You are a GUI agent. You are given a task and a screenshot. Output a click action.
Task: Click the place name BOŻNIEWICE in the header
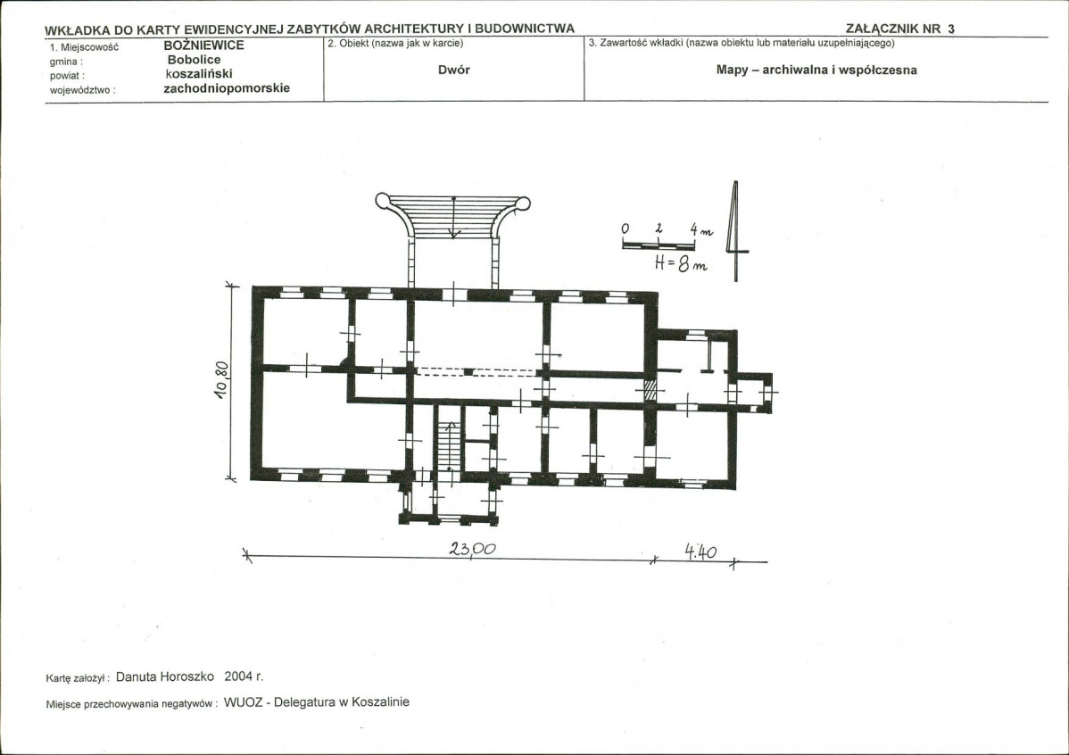coord(203,46)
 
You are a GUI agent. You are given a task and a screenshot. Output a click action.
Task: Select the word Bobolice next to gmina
coord(195,60)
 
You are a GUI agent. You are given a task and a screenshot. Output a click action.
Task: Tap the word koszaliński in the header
coord(199,74)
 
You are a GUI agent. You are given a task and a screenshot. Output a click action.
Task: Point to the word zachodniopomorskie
coord(227,88)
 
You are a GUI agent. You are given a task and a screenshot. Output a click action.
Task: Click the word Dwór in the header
coord(454,70)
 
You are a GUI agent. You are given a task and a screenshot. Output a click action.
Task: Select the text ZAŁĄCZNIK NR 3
coord(900,29)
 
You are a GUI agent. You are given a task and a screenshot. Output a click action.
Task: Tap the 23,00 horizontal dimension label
coord(472,548)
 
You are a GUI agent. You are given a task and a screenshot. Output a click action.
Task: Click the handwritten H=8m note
coord(681,262)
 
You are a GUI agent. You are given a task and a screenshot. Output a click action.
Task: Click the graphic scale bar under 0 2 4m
coord(658,245)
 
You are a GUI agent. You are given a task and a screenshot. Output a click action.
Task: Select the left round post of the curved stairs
coord(383,201)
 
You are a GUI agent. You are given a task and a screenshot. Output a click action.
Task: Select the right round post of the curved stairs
coord(523,203)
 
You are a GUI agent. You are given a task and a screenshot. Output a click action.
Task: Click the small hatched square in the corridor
coord(651,391)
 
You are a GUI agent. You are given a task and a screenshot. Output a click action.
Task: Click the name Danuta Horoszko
coord(165,676)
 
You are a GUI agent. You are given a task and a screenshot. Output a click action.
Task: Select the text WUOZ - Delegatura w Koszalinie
coord(317,701)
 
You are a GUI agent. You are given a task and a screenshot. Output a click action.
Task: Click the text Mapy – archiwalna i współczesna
coord(816,71)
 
